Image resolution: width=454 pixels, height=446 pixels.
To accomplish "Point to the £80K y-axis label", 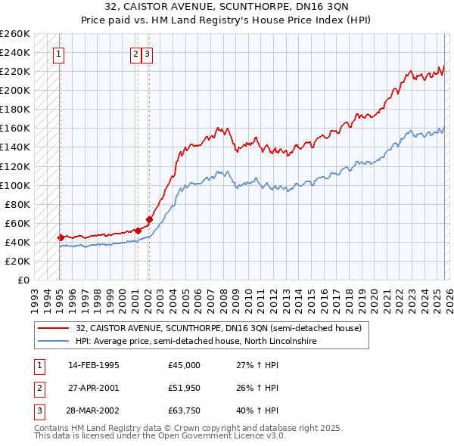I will click(17, 204).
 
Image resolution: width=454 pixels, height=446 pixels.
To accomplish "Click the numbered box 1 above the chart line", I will click(59, 54).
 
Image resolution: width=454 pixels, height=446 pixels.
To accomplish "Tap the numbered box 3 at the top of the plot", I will click(147, 54).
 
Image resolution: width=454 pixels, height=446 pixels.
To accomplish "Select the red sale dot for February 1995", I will click(61, 237).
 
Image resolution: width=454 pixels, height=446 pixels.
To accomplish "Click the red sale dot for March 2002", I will click(149, 219).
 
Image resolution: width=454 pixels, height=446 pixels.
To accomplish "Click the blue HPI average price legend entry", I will click(195, 341).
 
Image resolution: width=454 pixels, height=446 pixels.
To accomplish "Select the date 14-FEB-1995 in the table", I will click(93, 365).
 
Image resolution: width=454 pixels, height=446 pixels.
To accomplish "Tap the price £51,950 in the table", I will click(184, 388).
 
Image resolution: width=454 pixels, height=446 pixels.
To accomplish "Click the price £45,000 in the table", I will click(184, 365).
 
